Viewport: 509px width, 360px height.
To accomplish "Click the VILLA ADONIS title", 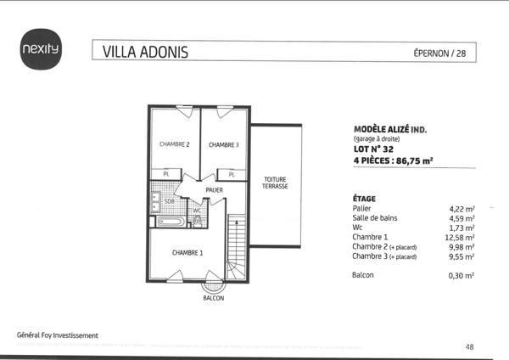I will click(x=145, y=52).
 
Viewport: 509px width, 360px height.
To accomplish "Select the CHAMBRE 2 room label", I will click(x=174, y=144).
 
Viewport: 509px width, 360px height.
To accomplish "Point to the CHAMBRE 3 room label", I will click(x=224, y=144).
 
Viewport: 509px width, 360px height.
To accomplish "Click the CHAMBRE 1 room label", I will click(x=187, y=253).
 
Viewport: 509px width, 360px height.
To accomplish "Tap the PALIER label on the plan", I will click(x=214, y=190).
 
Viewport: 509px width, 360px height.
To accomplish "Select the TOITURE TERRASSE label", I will click(x=275, y=183).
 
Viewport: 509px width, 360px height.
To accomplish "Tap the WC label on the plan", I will click(x=196, y=210).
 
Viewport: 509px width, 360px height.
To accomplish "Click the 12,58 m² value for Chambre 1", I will click(x=461, y=237).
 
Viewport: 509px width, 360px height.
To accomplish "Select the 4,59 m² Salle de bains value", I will click(x=461, y=217).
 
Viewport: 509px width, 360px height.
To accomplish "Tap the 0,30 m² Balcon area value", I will click(x=461, y=276).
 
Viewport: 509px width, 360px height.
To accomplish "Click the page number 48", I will click(x=470, y=346).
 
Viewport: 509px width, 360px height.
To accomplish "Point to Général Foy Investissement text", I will click(x=58, y=335).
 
